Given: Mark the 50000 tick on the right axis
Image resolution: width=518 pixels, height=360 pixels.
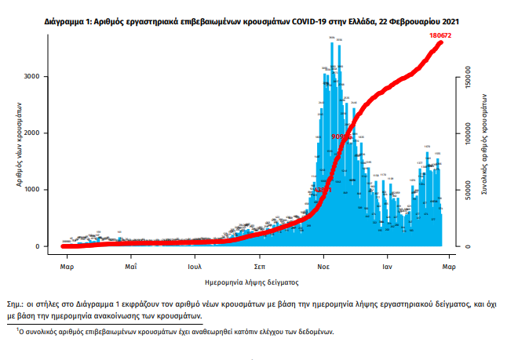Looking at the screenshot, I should click(467, 190).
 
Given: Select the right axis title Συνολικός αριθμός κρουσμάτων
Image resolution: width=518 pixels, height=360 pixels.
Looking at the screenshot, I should click(486, 151).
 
